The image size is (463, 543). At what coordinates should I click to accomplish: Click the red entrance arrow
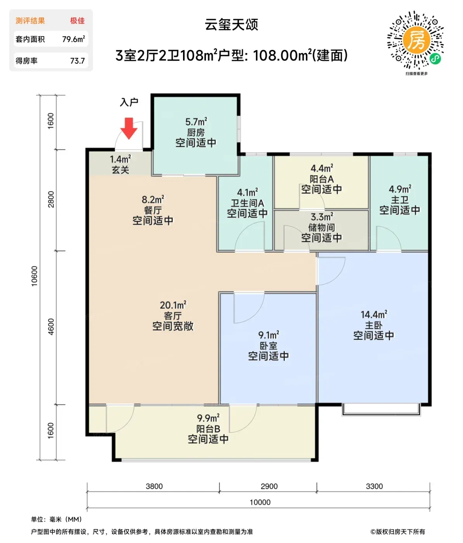point(129,128)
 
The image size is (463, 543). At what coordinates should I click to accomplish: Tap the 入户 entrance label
point(129,102)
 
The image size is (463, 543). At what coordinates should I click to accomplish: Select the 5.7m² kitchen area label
point(196,122)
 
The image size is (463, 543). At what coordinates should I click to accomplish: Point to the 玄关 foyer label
point(121,170)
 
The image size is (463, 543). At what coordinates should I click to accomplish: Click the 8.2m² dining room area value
point(153,199)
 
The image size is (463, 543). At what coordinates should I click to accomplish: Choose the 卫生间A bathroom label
point(247,203)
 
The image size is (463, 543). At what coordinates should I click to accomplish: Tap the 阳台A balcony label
point(321,179)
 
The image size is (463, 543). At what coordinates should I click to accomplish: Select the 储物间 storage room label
point(321,227)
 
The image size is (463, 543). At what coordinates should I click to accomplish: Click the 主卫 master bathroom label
point(399,200)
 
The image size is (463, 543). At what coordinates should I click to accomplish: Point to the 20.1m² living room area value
point(173,305)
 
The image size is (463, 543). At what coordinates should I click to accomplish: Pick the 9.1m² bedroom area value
point(269,335)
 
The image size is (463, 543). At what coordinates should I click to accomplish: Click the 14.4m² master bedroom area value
point(374,314)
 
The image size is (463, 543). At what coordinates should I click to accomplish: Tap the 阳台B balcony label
point(208,429)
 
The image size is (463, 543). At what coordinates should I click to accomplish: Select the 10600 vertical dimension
point(35,276)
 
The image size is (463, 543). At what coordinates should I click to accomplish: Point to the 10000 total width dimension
point(260,502)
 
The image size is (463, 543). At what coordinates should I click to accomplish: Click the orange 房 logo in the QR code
point(416,40)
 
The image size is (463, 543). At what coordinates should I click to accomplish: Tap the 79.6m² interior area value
point(74,39)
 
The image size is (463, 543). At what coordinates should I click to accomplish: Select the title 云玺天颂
point(231,24)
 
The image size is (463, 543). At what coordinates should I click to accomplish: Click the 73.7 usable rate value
point(78,61)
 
